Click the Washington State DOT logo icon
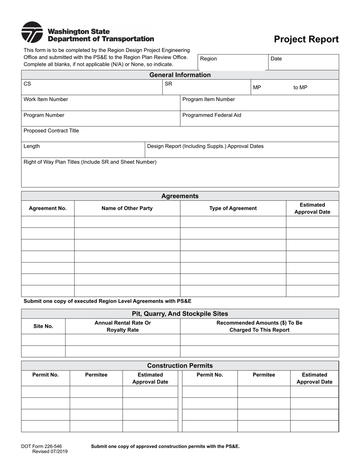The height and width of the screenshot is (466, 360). (x=32, y=32)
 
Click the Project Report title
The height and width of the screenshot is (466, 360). (x=306, y=39)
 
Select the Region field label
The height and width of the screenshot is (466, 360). (x=208, y=59)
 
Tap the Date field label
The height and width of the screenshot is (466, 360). (x=276, y=59)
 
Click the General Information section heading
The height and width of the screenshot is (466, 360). (x=180, y=75)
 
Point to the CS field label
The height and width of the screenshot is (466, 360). (x=27, y=84)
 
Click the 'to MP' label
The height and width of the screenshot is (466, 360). (x=300, y=88)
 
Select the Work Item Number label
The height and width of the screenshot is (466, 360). (x=46, y=99)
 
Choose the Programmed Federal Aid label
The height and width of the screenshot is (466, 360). (x=211, y=115)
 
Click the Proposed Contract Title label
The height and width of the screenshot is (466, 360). (x=51, y=131)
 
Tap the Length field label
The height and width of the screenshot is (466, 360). (x=31, y=146)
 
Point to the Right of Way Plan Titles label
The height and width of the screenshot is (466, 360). (x=90, y=162)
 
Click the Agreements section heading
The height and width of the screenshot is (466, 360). (x=180, y=196)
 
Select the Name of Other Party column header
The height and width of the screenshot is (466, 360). (x=127, y=208)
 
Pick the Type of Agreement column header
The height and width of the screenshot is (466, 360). (x=233, y=208)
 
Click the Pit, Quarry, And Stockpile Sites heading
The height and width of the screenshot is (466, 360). (x=180, y=314)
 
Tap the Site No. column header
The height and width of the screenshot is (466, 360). (x=43, y=326)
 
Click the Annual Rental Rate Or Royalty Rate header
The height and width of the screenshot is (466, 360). (x=122, y=326)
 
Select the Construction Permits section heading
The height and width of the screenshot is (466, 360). (x=180, y=366)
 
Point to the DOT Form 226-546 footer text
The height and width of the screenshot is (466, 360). (x=41, y=446)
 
